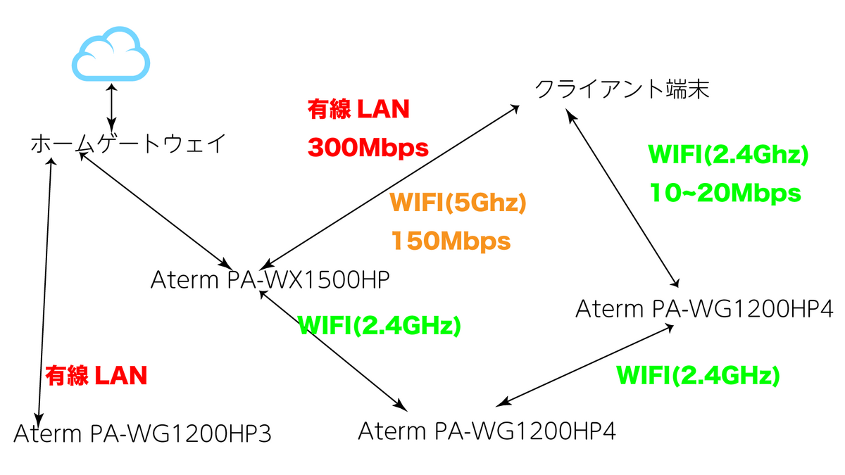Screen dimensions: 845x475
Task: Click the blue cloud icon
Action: tap(111, 53)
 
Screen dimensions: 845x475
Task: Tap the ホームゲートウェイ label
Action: tap(128, 144)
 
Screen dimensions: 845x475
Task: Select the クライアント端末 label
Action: tap(622, 89)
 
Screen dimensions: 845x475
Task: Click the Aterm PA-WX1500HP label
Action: tap(270, 280)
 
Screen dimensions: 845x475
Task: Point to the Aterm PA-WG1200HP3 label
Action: tap(142, 433)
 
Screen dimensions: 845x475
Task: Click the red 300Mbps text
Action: tap(368, 148)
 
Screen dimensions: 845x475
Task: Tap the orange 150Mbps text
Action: tap(451, 241)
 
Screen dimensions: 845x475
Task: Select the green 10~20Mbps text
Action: tap(725, 193)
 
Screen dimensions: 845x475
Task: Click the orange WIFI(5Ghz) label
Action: tap(458, 203)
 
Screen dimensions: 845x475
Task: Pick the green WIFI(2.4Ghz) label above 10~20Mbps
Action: tap(728, 155)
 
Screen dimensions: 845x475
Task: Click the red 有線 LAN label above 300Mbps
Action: tap(358, 109)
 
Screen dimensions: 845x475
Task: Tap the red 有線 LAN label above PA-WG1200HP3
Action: tap(96, 376)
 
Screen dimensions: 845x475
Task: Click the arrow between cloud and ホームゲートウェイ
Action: tap(111, 108)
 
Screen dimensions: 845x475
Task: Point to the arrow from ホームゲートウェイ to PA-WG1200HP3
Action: tap(45, 293)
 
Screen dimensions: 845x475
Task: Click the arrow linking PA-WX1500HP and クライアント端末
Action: tap(391, 187)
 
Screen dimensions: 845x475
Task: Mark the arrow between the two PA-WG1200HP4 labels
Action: tap(584, 365)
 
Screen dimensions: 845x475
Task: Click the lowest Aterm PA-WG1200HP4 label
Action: tap(487, 431)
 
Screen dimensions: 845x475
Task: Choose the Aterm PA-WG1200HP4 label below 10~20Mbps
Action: tap(704, 309)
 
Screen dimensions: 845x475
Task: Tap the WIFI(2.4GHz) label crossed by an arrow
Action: tap(380, 326)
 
